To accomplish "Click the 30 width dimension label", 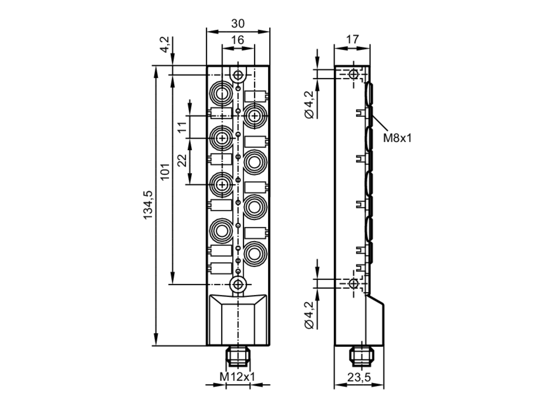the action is click(238, 24).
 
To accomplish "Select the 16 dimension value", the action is click(238, 40).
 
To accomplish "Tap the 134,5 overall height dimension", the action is click(148, 205).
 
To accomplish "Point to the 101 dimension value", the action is click(165, 172).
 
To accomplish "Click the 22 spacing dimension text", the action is click(182, 160).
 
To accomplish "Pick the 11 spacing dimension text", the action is click(182, 127).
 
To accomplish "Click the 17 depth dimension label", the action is click(352, 39).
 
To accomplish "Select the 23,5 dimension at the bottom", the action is click(359, 377).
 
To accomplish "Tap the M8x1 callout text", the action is click(397, 138).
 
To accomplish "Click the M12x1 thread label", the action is click(237, 377).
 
